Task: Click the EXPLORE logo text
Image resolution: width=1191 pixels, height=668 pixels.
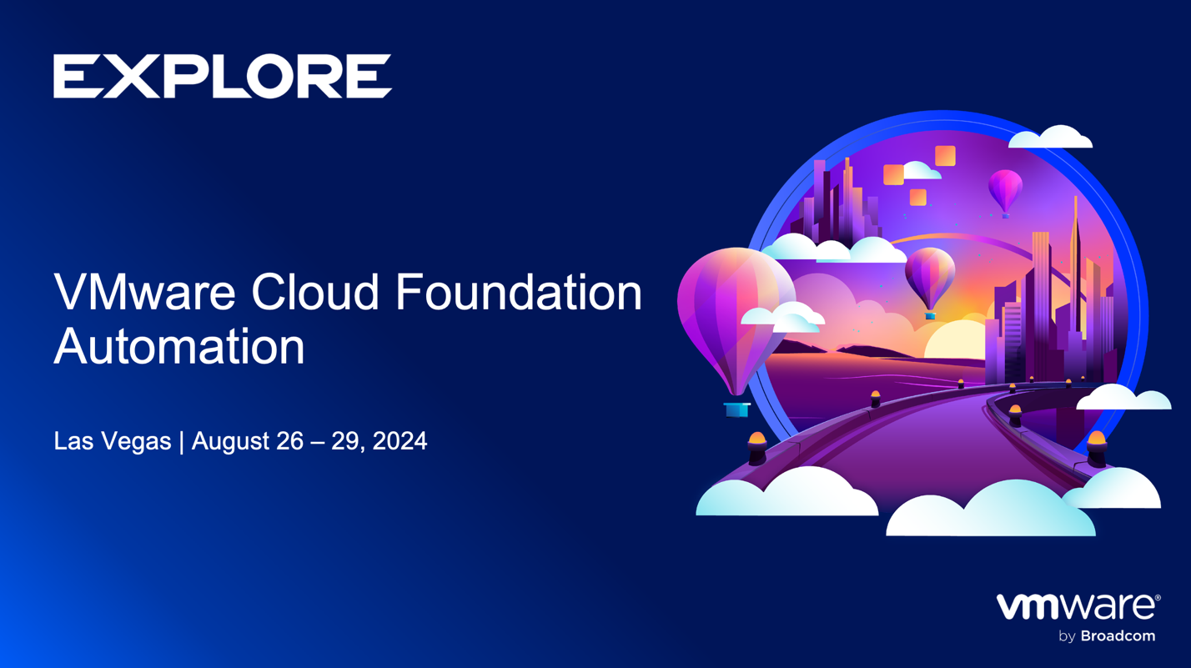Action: (x=223, y=77)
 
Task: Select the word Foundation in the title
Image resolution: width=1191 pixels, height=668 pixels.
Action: (x=518, y=293)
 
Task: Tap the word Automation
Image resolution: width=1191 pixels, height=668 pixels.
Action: (x=178, y=346)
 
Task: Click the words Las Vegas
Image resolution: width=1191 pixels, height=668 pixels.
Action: (x=112, y=441)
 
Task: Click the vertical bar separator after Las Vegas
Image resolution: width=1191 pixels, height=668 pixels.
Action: (x=181, y=441)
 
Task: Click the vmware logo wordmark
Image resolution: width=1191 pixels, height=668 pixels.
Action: (x=1075, y=607)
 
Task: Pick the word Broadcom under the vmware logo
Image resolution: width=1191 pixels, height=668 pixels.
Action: (x=1118, y=636)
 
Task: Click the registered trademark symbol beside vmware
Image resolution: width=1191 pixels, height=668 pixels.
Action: (x=1158, y=598)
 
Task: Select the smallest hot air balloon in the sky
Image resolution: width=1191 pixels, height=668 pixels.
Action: (x=1005, y=189)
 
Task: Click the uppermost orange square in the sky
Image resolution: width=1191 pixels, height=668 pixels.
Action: (x=945, y=156)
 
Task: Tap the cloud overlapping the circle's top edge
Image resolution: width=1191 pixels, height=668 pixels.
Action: (x=1051, y=138)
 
